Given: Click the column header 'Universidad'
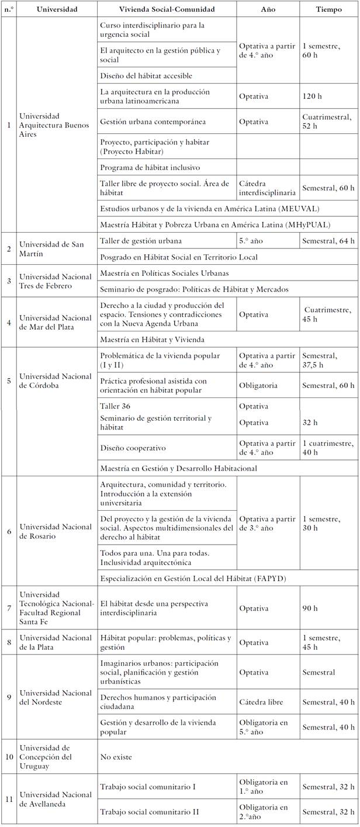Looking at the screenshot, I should coord(56,10).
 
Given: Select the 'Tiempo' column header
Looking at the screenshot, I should coord(329,10).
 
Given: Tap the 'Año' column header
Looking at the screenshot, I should coord(268,10).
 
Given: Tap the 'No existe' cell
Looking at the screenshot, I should coord(116,757).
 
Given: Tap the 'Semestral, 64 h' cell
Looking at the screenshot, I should coord(328,241).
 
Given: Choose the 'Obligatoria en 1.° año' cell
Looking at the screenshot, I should coord(264,787).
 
